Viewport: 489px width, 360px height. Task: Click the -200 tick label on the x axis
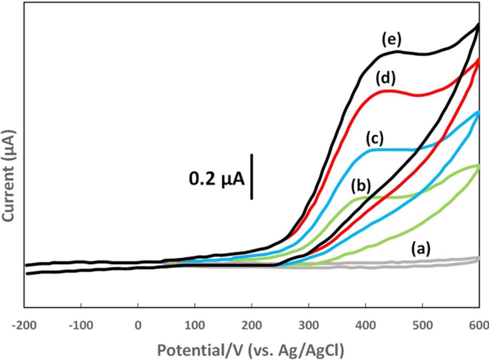(x=24, y=326)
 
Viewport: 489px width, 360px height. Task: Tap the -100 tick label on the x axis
(x=81, y=326)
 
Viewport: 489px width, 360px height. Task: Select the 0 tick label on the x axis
(x=138, y=326)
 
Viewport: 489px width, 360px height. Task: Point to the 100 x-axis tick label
(x=195, y=326)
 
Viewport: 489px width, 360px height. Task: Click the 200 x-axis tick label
(x=252, y=326)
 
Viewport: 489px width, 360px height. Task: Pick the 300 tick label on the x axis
(x=309, y=326)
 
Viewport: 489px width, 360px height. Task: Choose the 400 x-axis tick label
(x=366, y=326)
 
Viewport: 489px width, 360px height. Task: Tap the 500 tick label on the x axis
(x=423, y=326)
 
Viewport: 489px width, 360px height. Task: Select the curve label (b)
(x=361, y=186)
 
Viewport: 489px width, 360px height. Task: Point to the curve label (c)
(x=374, y=139)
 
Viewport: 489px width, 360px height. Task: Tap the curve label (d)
(x=385, y=79)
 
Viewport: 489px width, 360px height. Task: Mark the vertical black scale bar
(x=252, y=177)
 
